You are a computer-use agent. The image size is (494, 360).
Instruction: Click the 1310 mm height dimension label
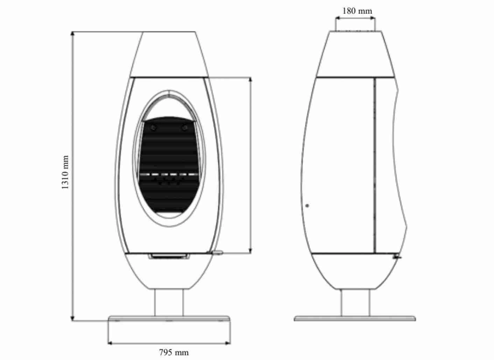65,172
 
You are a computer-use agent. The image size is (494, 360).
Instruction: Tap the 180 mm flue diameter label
357,11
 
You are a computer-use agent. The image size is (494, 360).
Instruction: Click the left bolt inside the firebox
154,128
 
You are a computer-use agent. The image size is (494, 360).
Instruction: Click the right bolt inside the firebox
184,128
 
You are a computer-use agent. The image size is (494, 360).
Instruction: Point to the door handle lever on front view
217,252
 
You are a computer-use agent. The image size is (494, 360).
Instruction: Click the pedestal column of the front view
169,302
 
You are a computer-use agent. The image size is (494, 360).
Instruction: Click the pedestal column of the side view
355,302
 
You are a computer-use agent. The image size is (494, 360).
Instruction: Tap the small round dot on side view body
307,206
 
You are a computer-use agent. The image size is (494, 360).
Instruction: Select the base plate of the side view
355,318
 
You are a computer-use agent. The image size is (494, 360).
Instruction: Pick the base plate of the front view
169,318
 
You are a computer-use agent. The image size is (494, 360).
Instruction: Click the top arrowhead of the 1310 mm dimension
73,33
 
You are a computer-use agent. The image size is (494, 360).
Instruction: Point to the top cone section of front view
169,54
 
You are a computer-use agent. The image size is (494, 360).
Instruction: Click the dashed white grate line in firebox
169,174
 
